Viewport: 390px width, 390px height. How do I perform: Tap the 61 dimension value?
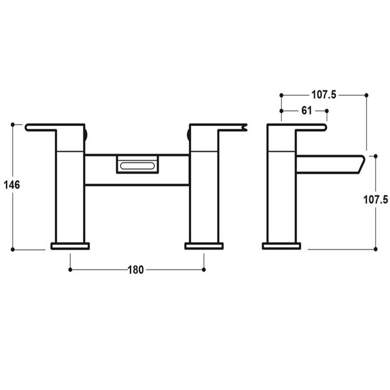(x=306, y=111)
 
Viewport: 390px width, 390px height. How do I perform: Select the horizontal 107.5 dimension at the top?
(x=324, y=95)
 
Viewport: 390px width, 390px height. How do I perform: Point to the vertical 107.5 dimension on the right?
(x=376, y=199)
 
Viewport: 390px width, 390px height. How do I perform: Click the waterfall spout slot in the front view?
(x=138, y=165)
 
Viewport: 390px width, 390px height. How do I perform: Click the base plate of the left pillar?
(x=70, y=246)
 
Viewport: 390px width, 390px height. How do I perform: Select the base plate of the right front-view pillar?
(x=204, y=246)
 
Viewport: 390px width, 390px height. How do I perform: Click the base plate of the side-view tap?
(x=281, y=246)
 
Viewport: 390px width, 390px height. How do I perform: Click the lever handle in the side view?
(x=307, y=128)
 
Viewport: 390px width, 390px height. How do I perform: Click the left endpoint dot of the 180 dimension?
(x=70, y=270)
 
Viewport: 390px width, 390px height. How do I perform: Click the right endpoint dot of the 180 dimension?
(x=204, y=270)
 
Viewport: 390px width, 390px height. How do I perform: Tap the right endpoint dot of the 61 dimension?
(x=327, y=111)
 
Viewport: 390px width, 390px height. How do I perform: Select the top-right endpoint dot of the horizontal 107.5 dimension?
(x=367, y=95)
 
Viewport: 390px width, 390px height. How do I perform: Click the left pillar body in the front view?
(x=70, y=195)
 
